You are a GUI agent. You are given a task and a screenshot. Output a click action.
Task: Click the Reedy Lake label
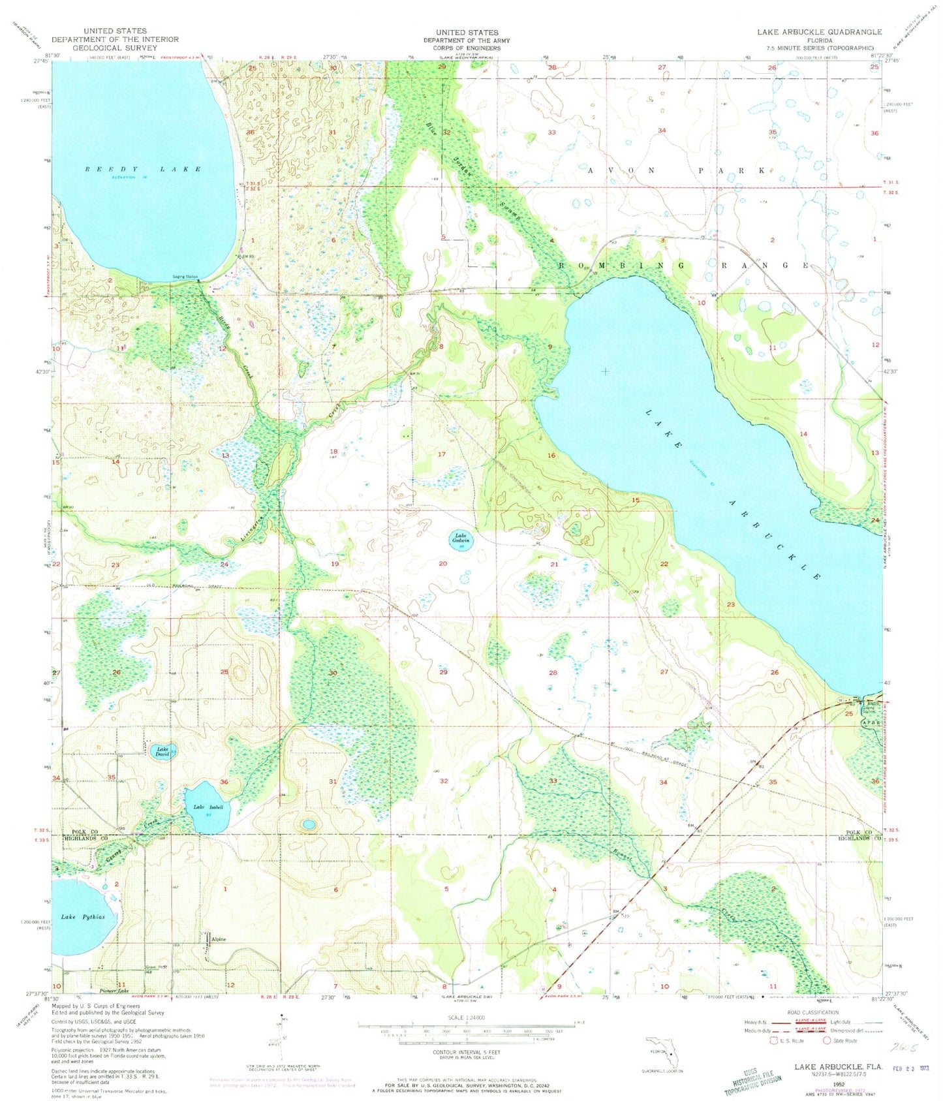point(142,170)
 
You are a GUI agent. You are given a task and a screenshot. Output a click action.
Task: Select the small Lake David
point(161,752)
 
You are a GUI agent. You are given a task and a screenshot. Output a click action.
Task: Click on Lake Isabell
point(207,807)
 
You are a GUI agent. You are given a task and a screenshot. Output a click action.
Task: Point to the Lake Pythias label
point(82,917)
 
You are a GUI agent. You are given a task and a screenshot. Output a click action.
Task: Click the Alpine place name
point(218,939)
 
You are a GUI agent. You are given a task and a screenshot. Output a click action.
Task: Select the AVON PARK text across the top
point(676,170)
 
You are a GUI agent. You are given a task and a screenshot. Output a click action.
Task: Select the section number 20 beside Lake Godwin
point(443,563)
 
